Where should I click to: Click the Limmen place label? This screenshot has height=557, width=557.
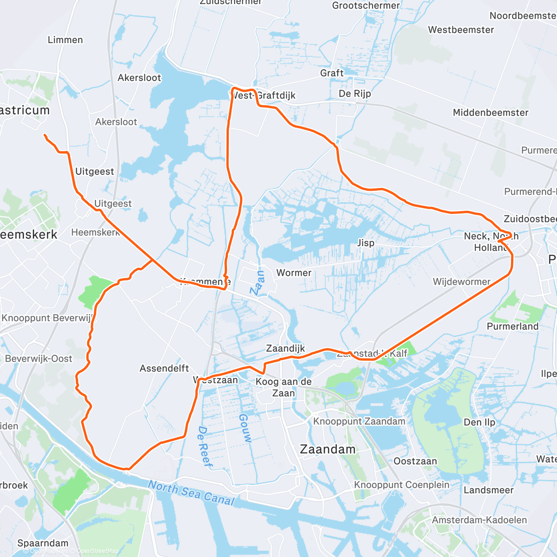pyautogui.click(x=65, y=40)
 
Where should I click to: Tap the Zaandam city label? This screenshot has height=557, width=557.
pyautogui.click(x=328, y=449)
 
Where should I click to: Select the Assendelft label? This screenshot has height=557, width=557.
pyautogui.click(x=164, y=369)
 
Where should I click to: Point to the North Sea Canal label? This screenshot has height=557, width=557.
pyautogui.click(x=191, y=493)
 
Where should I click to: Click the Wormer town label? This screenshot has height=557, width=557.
pyautogui.click(x=294, y=273)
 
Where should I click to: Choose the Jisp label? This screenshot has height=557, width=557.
pyautogui.click(x=366, y=243)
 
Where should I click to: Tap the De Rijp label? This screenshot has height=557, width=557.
pyautogui.click(x=355, y=94)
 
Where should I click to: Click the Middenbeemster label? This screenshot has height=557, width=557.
pyautogui.click(x=491, y=113)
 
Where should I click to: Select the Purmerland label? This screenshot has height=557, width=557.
pyautogui.click(x=512, y=326)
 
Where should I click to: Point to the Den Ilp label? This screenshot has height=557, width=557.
pyautogui.click(x=479, y=422)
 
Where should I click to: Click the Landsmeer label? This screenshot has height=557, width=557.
pyautogui.click(x=489, y=490)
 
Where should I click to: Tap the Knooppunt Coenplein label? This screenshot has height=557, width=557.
pyautogui.click(x=402, y=485)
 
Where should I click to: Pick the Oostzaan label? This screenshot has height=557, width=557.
pyautogui.click(x=415, y=461)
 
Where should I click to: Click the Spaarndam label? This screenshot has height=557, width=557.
pyautogui.click(x=43, y=543)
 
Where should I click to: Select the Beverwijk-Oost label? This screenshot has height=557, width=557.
pyautogui.click(x=39, y=359)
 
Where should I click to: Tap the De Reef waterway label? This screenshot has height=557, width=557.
pyautogui.click(x=205, y=447)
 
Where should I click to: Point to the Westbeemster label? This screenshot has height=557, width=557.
pyautogui.click(x=461, y=30)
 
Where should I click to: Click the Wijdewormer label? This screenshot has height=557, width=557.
pyautogui.click(x=461, y=282)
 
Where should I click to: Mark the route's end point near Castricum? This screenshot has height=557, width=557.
pyautogui.click(x=45, y=135)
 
